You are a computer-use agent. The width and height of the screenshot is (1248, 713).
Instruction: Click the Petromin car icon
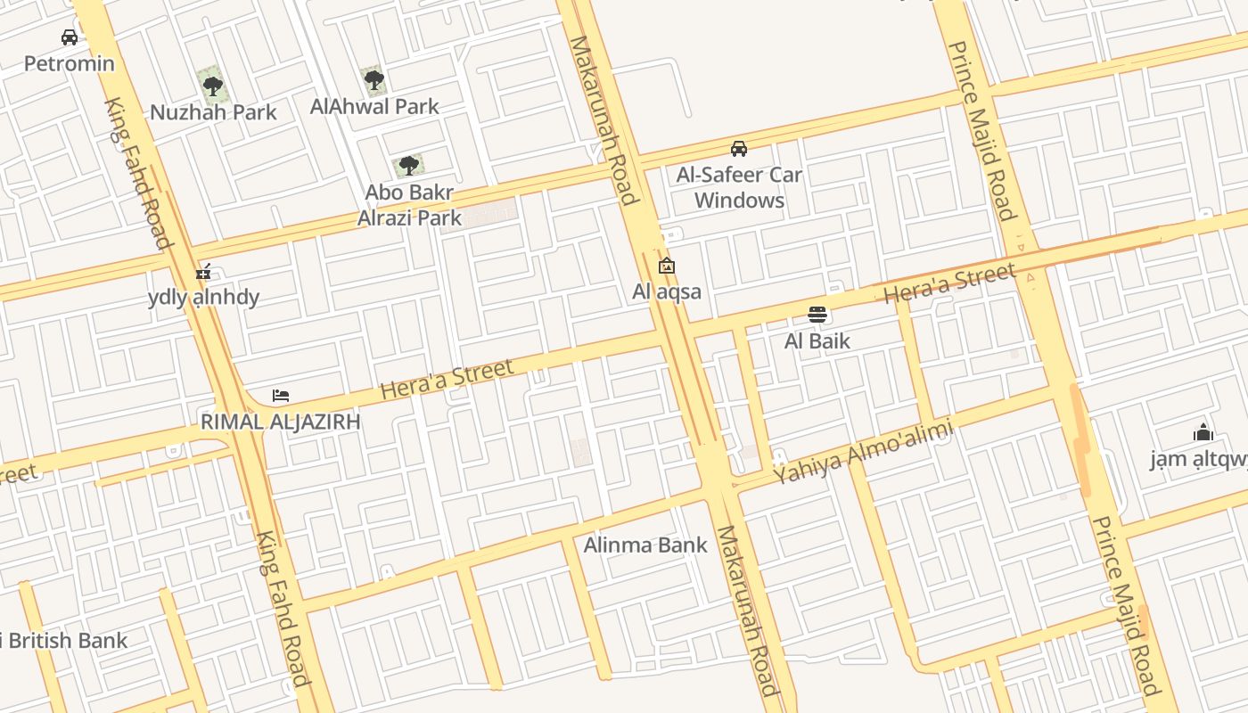[x=69, y=37]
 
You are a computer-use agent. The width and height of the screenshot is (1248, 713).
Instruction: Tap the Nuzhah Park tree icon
[x=212, y=86]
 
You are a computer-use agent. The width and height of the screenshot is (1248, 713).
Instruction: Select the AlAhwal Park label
[x=374, y=107]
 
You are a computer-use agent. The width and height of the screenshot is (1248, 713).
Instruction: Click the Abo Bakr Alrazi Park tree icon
[x=408, y=166]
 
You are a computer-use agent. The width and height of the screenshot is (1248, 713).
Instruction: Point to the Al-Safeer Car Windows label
[x=739, y=187]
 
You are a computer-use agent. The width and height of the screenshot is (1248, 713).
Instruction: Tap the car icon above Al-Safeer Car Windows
[x=739, y=149]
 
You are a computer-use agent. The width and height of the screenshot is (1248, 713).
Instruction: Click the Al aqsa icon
[x=666, y=266]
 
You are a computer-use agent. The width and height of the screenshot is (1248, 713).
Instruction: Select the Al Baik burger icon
[x=817, y=315]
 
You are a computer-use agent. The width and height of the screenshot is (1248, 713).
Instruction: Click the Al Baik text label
[x=817, y=340]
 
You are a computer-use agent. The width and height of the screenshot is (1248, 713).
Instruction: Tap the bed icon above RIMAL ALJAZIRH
[x=281, y=396]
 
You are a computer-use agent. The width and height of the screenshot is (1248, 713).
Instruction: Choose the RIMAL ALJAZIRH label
[x=281, y=422]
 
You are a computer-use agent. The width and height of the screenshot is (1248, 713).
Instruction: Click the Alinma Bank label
[x=645, y=545]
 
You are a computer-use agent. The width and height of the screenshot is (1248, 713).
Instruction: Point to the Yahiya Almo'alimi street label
[x=863, y=452]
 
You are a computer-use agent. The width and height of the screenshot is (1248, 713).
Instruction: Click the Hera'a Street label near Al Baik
[x=949, y=283]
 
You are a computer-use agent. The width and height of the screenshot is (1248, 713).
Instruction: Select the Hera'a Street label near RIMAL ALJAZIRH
[x=447, y=380]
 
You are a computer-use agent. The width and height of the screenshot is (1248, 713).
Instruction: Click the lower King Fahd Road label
[x=283, y=609]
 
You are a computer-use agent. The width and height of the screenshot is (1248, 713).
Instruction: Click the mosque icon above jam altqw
[x=1203, y=433]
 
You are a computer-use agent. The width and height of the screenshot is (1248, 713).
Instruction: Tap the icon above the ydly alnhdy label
[x=203, y=272]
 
